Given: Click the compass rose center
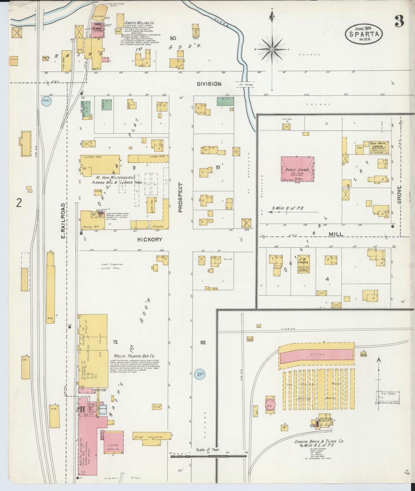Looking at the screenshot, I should [272, 50].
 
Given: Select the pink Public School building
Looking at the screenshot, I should [297, 169].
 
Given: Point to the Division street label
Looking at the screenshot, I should [209, 84].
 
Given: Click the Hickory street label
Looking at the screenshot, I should [150, 239].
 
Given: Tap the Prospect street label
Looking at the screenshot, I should [180, 197].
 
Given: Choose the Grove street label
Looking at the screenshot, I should [399, 195].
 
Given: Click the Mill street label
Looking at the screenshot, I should [335, 234].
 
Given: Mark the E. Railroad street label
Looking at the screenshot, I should [63, 221].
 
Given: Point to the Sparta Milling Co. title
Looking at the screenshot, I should [136, 23].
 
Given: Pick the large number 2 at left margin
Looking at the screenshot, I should [19, 203].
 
